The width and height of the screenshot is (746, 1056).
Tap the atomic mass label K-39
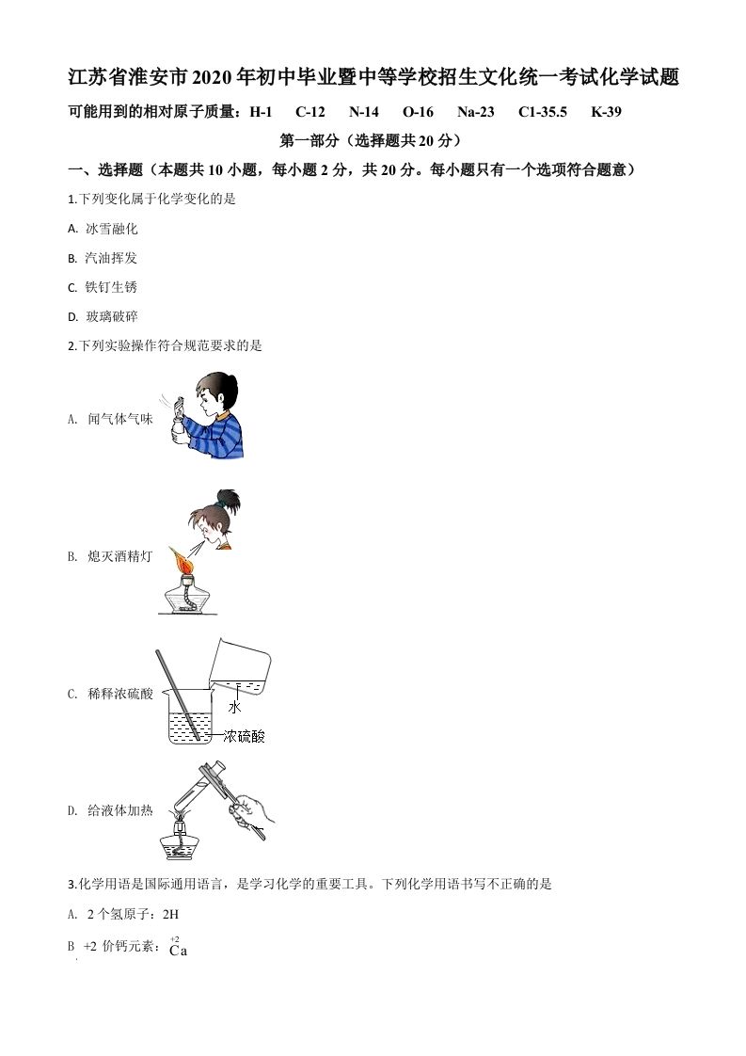(x=606, y=112)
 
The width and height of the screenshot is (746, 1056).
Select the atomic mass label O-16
(x=418, y=112)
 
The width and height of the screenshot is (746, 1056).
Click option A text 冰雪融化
(x=111, y=229)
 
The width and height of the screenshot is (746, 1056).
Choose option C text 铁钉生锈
(x=111, y=287)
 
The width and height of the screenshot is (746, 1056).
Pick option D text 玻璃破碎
(x=111, y=317)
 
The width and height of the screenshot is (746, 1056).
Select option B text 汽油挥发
(x=111, y=258)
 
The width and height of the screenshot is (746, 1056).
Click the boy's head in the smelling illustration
(x=217, y=392)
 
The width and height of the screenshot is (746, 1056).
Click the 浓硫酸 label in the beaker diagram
(x=245, y=736)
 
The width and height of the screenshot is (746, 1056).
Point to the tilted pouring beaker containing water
(x=240, y=666)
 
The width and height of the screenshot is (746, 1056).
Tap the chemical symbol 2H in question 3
(x=170, y=913)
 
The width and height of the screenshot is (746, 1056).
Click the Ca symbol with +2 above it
(x=178, y=951)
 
